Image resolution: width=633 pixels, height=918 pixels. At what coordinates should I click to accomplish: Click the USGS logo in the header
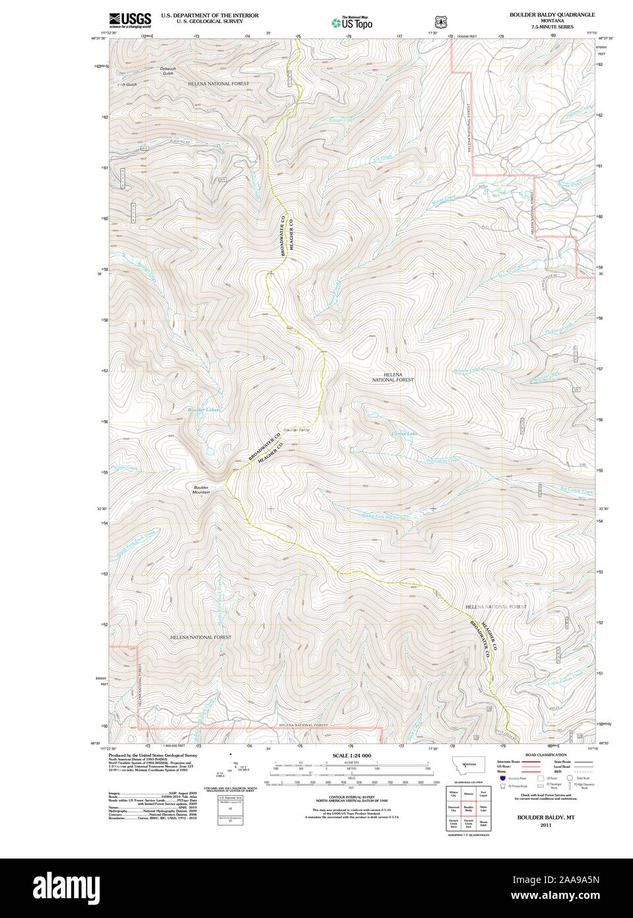pyautogui.click(x=130, y=19)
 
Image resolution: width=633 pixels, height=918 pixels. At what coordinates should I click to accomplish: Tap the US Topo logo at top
pyautogui.click(x=352, y=23)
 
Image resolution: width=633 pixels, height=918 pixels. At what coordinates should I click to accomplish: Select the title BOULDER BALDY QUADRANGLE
pyautogui.click(x=552, y=15)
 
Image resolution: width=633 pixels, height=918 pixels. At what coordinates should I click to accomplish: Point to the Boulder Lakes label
pyautogui.click(x=203, y=410)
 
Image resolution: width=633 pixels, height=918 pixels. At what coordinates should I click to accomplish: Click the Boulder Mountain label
pyautogui.click(x=201, y=490)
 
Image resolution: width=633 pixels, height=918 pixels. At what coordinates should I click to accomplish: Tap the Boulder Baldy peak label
pyautogui.click(x=296, y=430)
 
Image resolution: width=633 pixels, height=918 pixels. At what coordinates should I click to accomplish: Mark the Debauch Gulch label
pyautogui.click(x=168, y=71)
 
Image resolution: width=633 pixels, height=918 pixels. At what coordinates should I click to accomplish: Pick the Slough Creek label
pyautogui.click(x=342, y=120)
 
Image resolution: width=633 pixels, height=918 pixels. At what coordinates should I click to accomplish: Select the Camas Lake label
pyautogui.click(x=404, y=434)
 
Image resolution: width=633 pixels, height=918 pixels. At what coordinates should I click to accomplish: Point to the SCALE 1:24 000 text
pyautogui.click(x=351, y=756)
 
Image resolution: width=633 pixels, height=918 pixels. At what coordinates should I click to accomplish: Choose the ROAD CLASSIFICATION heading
pyautogui.click(x=545, y=755)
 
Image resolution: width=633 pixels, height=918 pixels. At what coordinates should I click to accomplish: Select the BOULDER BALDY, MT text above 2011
pyautogui.click(x=545, y=817)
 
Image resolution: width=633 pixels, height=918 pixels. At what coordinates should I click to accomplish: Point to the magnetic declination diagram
pyautogui.click(x=229, y=770)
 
